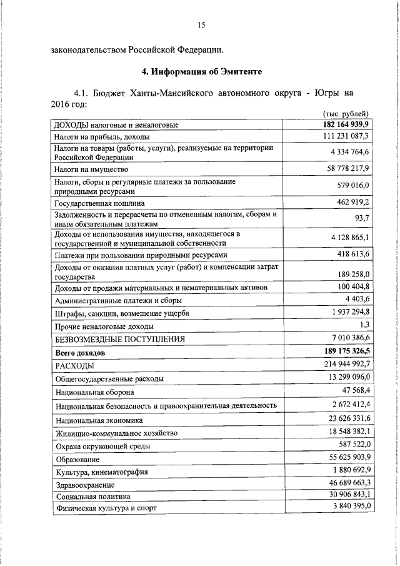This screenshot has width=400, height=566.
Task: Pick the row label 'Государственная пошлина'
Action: pos(100,203)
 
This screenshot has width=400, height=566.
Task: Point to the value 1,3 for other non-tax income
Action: pos(365,325)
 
